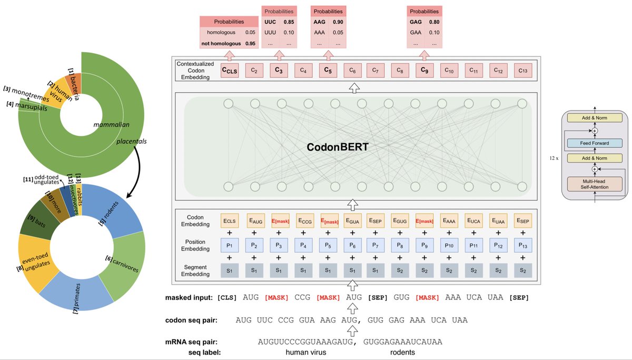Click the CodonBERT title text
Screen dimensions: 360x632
pyautogui.click(x=337, y=148)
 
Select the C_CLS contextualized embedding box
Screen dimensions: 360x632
pyautogui.click(x=229, y=70)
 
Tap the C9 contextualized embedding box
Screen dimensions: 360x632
pyautogui.click(x=424, y=70)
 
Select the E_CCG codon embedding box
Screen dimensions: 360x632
pyautogui.click(x=302, y=221)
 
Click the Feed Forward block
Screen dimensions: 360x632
pyautogui.click(x=595, y=143)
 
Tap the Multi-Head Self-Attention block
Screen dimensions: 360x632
pyautogui.click(x=595, y=184)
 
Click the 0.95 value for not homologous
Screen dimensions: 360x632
pyautogui.click(x=250, y=44)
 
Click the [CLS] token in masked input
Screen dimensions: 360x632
pyautogui.click(x=227, y=298)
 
